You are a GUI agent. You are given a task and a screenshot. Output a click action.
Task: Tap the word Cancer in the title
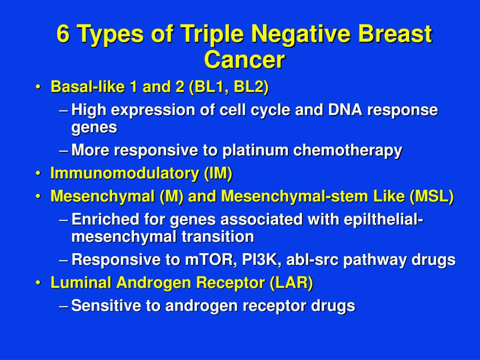[244, 60]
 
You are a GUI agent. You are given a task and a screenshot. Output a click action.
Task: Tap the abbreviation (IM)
[218, 174]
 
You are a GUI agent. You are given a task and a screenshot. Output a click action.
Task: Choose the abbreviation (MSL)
[431, 197]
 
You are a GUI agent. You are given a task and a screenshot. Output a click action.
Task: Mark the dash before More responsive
[65, 151]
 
